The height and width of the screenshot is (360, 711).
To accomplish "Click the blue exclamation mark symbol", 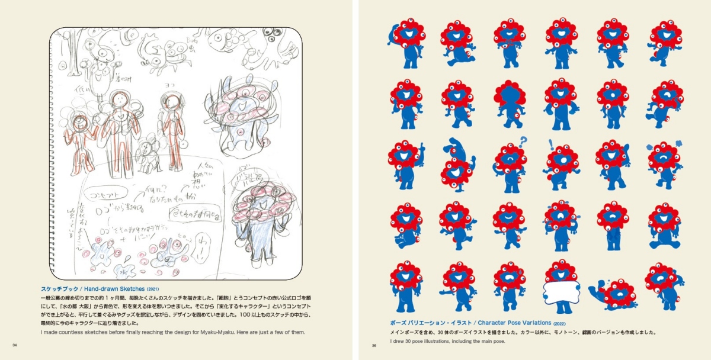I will point(550,144).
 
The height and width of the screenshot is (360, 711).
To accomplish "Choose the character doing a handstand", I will point(457,163).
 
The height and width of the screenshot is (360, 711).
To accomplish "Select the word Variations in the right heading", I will point(531,323).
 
